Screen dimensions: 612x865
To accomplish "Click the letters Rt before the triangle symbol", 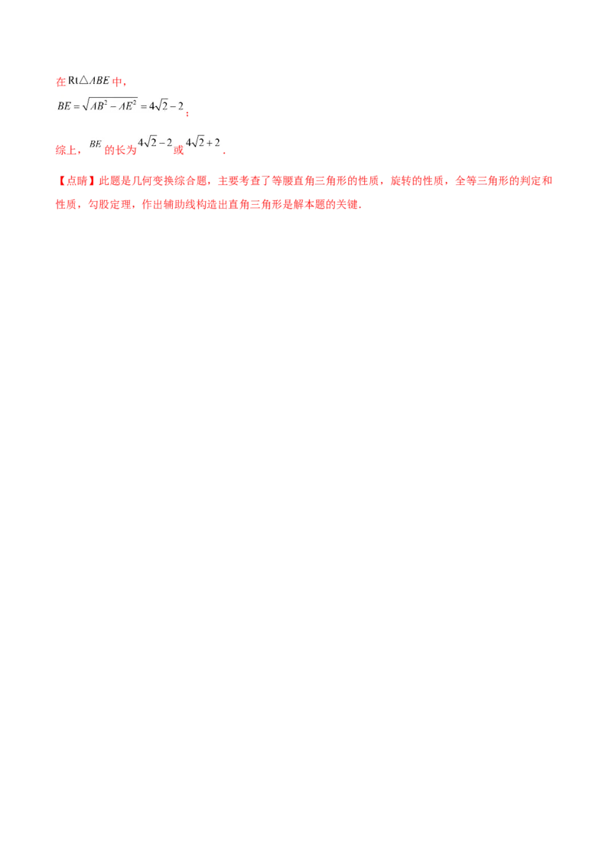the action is (73, 79).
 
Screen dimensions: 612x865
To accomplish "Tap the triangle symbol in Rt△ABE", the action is (85, 79).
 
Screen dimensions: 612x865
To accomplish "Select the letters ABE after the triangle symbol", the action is (99, 79).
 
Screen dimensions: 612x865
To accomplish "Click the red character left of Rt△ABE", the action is (58, 81).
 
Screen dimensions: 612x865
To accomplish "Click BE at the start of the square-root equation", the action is (63, 105).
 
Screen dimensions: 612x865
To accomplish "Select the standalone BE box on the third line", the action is (95, 143).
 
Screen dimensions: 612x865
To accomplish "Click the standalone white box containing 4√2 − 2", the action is (156, 141).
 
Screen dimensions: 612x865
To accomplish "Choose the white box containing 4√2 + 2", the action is (204, 141).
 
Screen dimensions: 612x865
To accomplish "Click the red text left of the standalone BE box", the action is (68, 151).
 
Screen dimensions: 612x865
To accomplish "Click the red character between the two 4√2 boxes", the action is (179, 151).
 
